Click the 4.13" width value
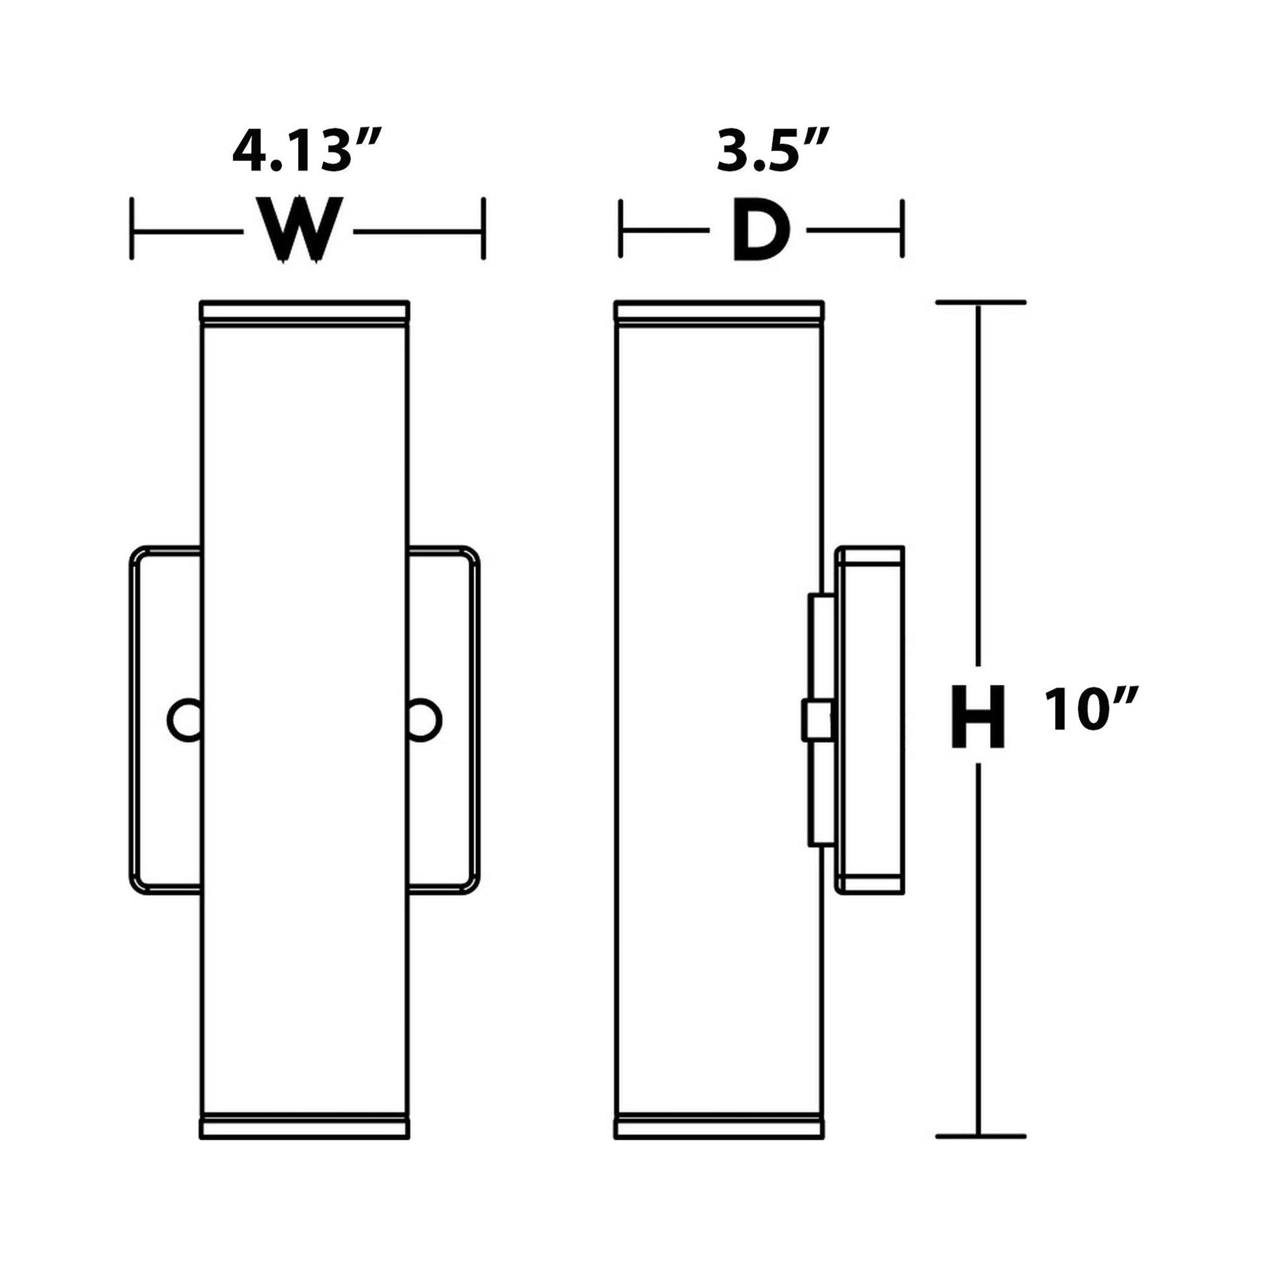[x=306, y=152]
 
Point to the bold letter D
[x=760, y=230]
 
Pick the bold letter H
[x=978, y=717]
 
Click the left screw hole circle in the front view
[x=186, y=720]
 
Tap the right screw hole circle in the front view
[x=423, y=720]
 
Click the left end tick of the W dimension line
[x=132, y=229]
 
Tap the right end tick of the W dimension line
[x=483, y=229]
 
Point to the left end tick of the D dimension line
[x=620, y=229]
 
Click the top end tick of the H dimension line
[x=980, y=302]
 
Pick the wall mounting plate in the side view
[x=871, y=720]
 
